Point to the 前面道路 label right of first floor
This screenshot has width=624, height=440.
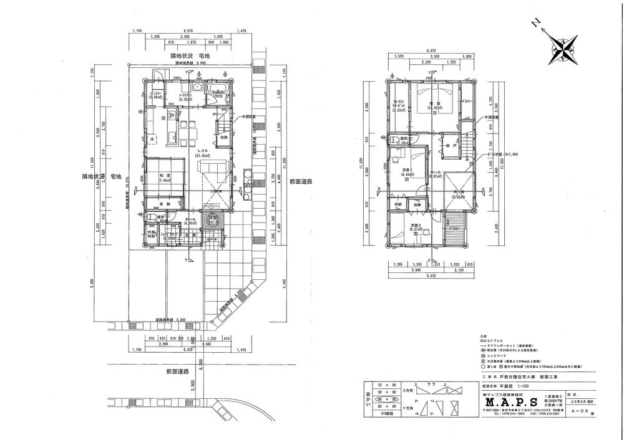[300, 181]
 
